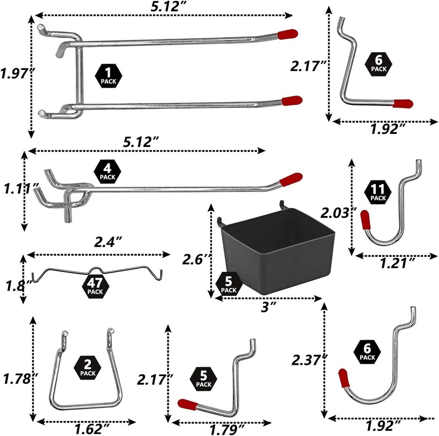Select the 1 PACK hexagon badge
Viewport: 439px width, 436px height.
point(107,76)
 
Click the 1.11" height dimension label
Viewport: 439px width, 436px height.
point(18,190)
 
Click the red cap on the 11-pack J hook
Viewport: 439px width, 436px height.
point(365,220)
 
